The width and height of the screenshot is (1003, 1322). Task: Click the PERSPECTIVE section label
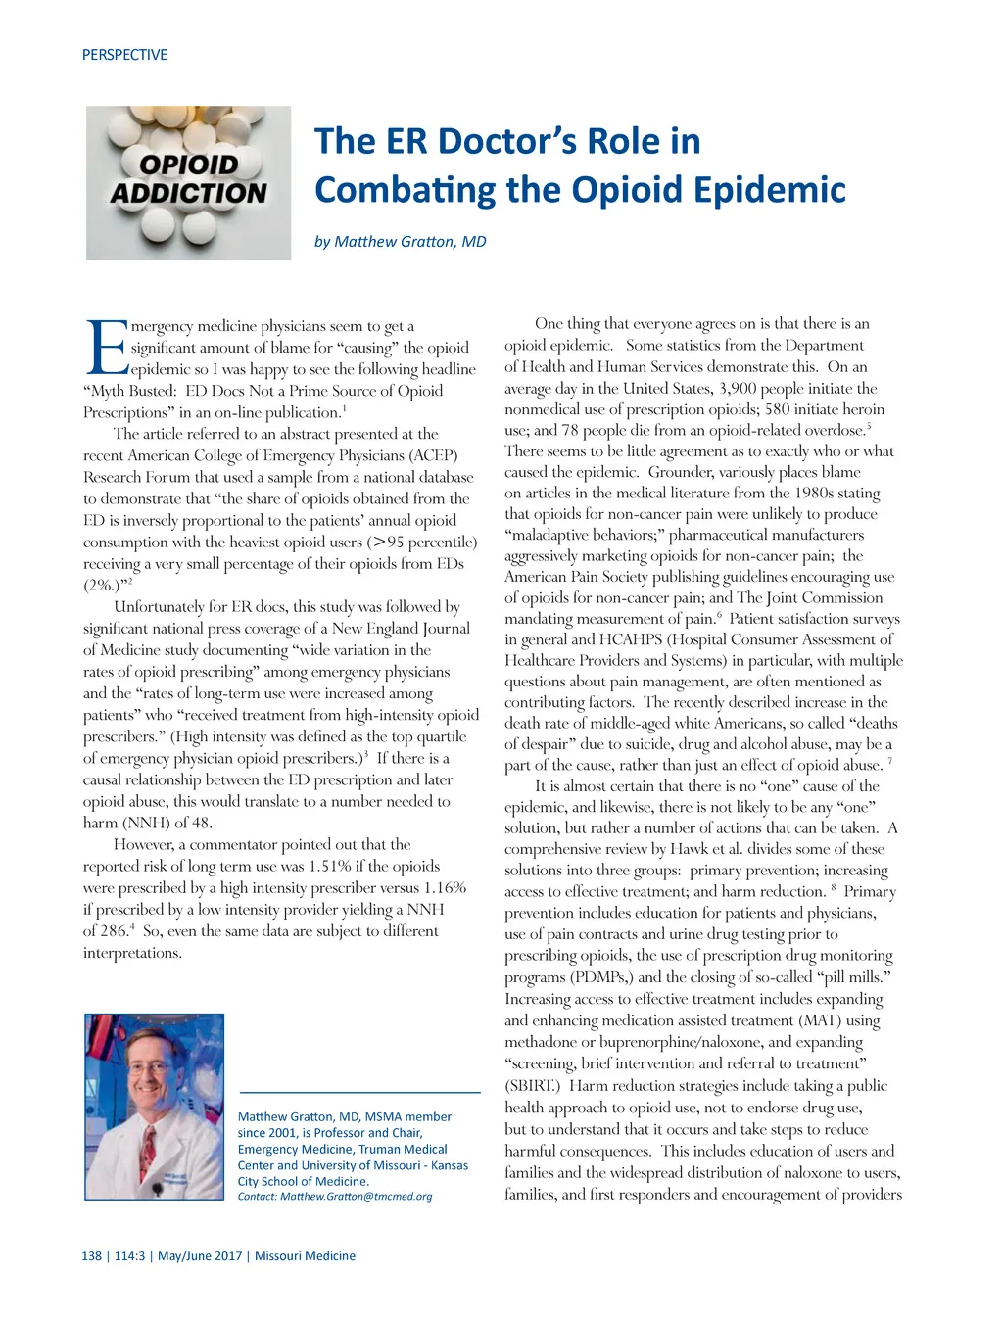tap(124, 55)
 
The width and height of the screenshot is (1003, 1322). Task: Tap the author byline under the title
tap(400, 242)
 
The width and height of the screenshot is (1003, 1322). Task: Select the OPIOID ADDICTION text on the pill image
tap(189, 178)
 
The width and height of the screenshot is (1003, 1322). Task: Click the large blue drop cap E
tap(106, 348)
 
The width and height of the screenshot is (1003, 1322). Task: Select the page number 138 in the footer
tap(91, 1256)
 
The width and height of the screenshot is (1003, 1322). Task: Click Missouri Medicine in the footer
tap(305, 1256)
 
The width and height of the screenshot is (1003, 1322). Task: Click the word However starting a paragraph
tap(145, 845)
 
